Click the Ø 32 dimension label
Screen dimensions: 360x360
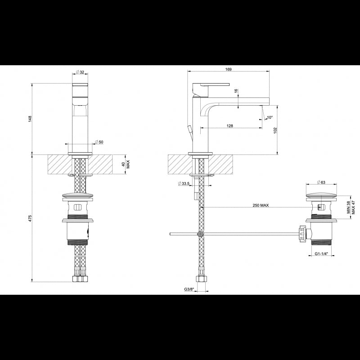coord(80,72)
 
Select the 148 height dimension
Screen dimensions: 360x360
coord(30,119)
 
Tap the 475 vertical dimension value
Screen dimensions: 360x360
coord(30,218)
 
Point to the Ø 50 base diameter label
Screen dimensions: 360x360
coord(99,142)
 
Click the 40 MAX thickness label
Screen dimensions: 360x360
coord(126,164)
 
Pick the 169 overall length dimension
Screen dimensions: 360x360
coord(229,69)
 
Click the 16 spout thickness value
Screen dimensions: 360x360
coord(236,91)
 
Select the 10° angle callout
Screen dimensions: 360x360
coord(270,117)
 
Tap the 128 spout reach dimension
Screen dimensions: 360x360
coord(229,126)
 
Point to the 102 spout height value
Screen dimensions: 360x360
coord(275,130)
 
